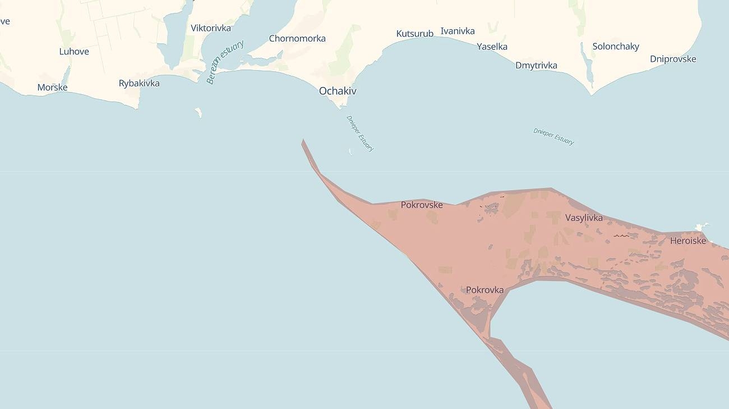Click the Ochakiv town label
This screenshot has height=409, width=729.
click(x=338, y=91)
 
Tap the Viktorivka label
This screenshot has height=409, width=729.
click(x=211, y=28)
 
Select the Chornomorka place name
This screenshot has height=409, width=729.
click(x=297, y=39)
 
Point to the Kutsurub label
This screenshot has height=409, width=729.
click(x=415, y=34)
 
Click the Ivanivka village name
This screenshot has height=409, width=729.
click(x=458, y=31)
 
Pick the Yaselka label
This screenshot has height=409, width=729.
click(x=492, y=47)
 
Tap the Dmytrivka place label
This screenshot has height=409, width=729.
click(x=536, y=66)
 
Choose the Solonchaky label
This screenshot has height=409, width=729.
click(x=616, y=47)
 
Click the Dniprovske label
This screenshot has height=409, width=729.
click(x=673, y=59)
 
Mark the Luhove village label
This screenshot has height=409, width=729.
click(x=74, y=52)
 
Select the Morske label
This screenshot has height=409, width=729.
click(x=52, y=88)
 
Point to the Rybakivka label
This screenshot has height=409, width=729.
click(x=139, y=84)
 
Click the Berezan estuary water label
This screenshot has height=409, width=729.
click(x=225, y=62)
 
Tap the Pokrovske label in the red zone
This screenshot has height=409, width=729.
click(x=422, y=205)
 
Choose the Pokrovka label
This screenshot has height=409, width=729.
click(x=485, y=290)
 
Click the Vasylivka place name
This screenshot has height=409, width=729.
click(x=584, y=218)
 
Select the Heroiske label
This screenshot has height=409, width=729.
click(x=688, y=241)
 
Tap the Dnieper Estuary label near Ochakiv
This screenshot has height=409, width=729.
click(x=360, y=134)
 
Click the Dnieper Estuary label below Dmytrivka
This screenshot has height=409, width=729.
click(x=553, y=137)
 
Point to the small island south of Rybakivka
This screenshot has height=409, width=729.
click(x=198, y=113)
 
